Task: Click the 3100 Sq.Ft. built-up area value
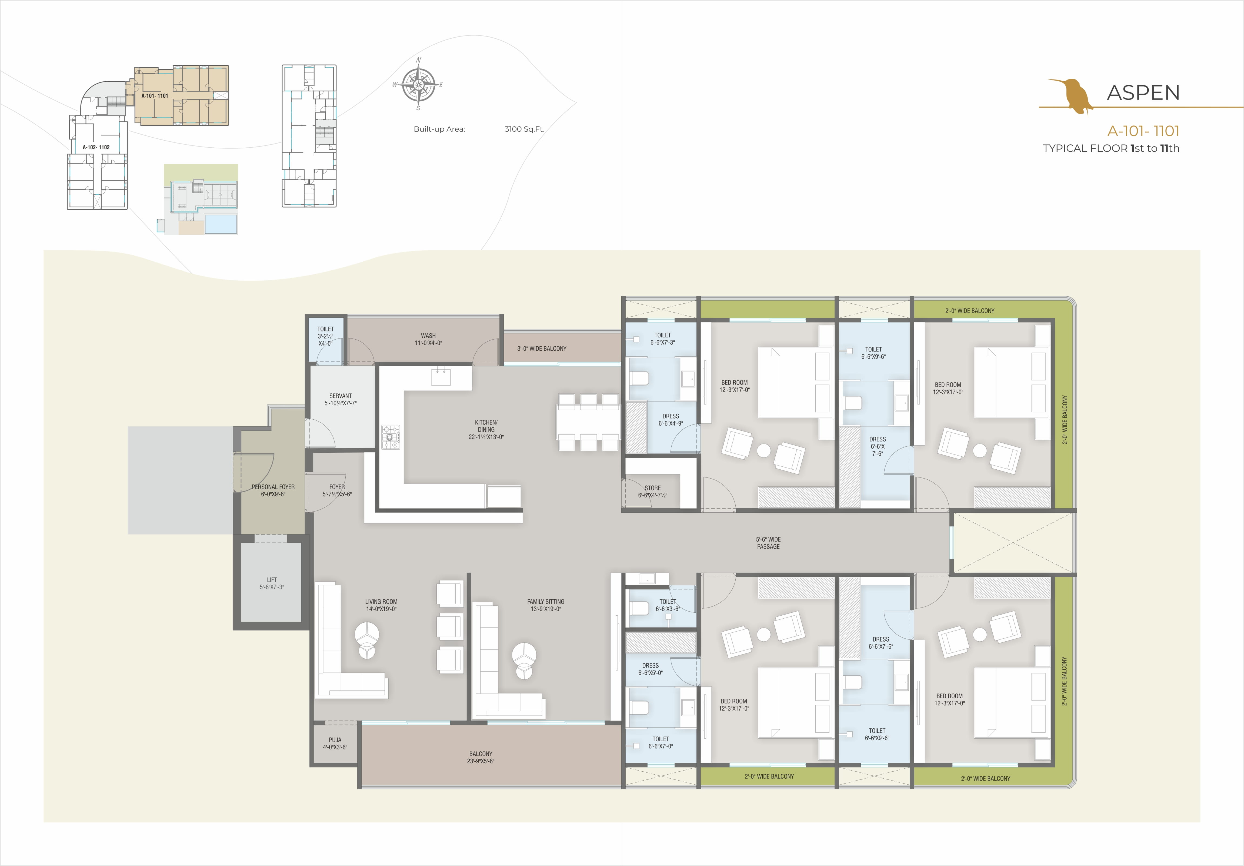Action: click(x=524, y=129)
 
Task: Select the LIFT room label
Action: click(x=271, y=583)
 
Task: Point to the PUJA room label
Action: click(x=335, y=743)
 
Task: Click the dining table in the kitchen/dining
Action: click(x=588, y=422)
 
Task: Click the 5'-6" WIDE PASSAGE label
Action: click(x=768, y=543)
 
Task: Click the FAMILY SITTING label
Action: click(x=546, y=605)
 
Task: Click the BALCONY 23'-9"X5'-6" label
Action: click(x=481, y=757)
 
